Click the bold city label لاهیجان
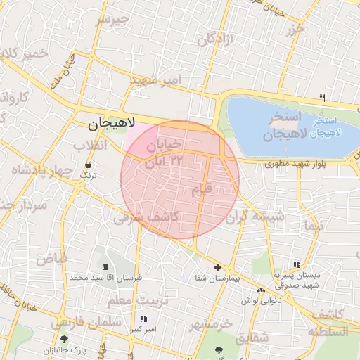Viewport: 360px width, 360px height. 112,125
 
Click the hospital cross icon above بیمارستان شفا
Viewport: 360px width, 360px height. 217,267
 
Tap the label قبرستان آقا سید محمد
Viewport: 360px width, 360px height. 105,278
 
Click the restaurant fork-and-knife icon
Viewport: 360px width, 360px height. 323,98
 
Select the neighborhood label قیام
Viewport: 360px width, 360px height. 202,190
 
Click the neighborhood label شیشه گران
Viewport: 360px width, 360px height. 262,217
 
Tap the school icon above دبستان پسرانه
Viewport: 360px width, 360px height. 297,264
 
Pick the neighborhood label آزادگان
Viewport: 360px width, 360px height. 214,40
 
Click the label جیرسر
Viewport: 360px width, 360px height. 113,19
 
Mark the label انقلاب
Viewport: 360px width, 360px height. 91,144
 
